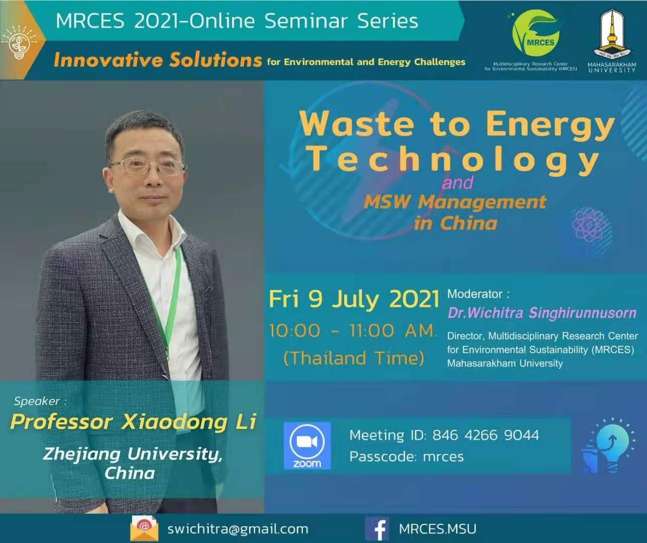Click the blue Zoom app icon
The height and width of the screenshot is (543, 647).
[x=307, y=445]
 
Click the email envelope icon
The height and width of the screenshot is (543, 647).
[x=144, y=528]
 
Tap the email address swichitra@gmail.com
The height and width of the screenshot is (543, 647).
[x=238, y=529]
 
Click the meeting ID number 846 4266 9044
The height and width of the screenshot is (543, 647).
[x=486, y=435]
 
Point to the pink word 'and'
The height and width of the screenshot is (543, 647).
[x=457, y=183]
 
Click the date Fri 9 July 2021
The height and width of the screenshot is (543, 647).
[x=354, y=299]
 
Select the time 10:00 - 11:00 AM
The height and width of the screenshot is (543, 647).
[x=353, y=330]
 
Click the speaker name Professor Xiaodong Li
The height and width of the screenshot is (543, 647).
[x=133, y=422]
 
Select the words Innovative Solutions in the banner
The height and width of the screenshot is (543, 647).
[x=158, y=60]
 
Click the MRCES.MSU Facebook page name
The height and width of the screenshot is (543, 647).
[x=438, y=529]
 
